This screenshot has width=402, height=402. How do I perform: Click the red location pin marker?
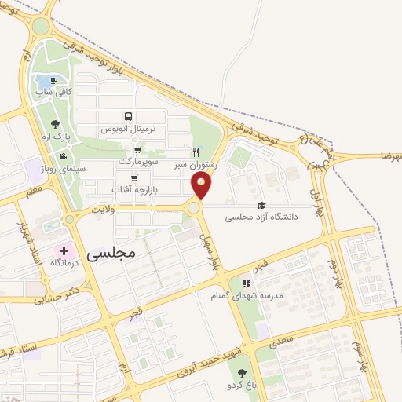click(201, 186)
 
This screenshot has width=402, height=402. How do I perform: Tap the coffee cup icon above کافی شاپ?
click(53, 80)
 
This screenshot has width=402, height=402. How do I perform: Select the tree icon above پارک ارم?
click(54, 123)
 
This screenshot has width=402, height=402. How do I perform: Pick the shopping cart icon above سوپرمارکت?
click(138, 149)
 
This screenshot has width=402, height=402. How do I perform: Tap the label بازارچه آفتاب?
click(133, 190)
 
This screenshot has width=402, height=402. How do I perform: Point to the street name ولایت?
click(103, 210)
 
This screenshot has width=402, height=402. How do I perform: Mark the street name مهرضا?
click(389, 158)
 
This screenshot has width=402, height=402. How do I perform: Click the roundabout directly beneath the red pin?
click(194, 208)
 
